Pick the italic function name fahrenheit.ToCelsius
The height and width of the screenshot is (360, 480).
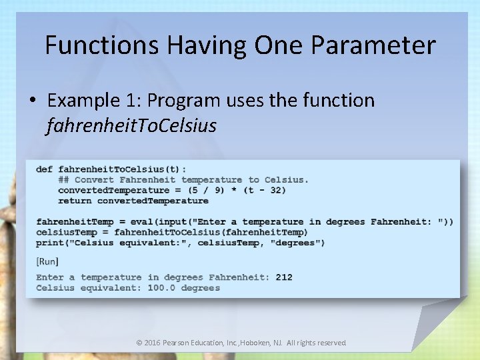pos(131,125)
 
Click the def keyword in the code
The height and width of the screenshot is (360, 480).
pos(44,169)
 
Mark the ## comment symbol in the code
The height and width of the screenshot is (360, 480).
pos(63,179)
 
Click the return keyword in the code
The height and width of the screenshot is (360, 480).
pos(75,201)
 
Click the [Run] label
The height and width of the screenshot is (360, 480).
pos(47,261)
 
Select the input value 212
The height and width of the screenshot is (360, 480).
pos(283,277)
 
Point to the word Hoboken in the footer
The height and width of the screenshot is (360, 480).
pos(265,343)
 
